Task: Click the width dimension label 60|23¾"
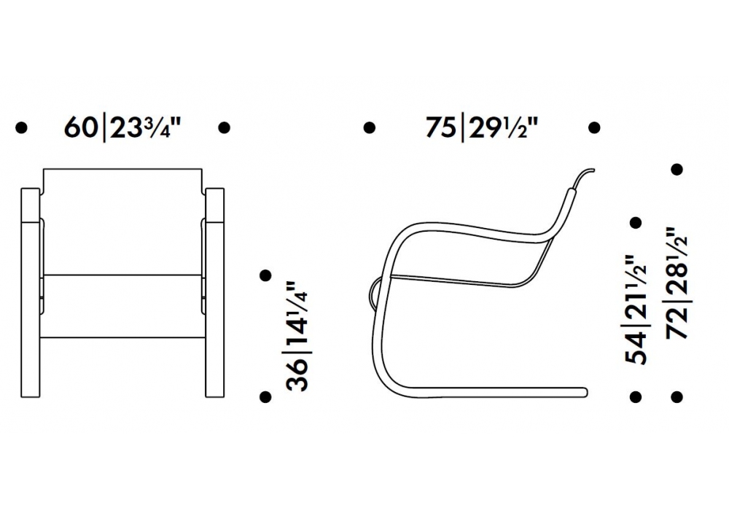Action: (122, 127)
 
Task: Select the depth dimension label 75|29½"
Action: (482, 127)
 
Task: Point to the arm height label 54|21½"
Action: (636, 310)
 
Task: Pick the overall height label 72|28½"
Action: (677, 283)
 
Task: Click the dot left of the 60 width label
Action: (21, 127)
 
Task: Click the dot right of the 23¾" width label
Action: (224, 127)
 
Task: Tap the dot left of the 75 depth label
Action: (369, 127)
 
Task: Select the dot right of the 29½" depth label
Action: (594, 127)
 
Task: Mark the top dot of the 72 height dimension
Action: (677, 169)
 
